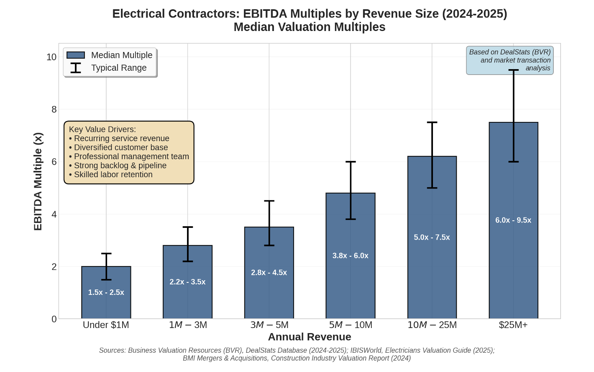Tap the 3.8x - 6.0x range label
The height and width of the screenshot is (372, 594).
click(x=350, y=256)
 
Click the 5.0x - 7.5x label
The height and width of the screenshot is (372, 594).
click(x=432, y=237)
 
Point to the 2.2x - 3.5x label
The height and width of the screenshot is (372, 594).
click(x=187, y=282)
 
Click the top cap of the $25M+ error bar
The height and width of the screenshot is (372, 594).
click(x=513, y=70)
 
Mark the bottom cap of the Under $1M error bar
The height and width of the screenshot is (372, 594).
click(x=106, y=279)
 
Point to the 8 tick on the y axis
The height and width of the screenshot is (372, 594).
click(x=54, y=109)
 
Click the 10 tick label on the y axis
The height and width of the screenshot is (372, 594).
click(x=51, y=57)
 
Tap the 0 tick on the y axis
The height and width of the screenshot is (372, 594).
click(x=54, y=319)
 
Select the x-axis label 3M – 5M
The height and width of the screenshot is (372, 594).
click(x=269, y=325)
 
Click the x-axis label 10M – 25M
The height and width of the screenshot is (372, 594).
click(x=432, y=325)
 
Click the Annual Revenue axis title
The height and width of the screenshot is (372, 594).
click(x=309, y=337)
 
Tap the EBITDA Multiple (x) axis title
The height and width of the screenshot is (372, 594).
click(x=38, y=181)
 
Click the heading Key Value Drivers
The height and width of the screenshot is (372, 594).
click(x=102, y=129)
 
